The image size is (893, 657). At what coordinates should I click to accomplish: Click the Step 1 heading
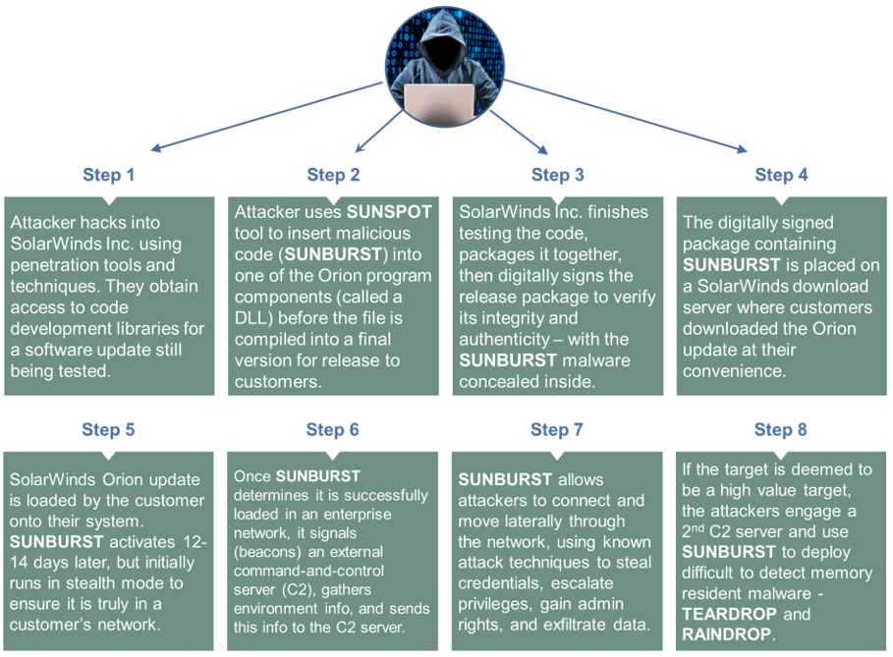109,175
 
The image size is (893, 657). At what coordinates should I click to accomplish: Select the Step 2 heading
333,175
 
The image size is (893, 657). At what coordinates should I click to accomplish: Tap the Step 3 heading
557,175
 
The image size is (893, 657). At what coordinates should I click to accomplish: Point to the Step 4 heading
781,175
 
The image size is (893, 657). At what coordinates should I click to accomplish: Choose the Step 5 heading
109,430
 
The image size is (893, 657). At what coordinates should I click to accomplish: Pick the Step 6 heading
332,430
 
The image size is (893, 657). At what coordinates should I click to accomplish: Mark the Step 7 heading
557,430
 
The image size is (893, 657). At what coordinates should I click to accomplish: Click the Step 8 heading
781,430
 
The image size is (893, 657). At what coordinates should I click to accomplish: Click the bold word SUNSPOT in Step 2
385,212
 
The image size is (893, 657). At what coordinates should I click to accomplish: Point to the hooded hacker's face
439,44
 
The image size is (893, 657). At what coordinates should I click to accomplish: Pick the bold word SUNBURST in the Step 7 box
505,480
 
